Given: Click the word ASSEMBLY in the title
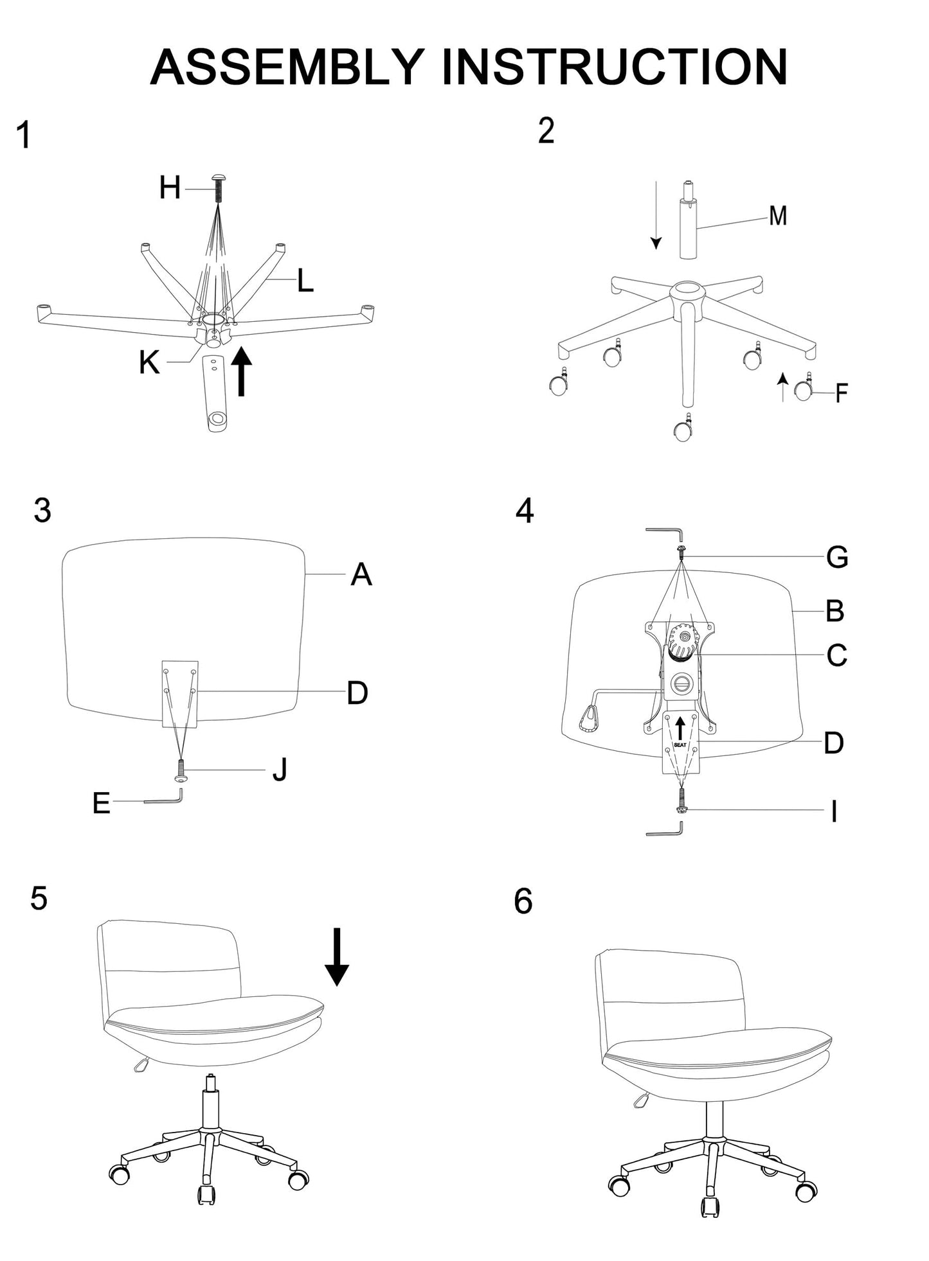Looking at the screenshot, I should pyautogui.click(x=286, y=67).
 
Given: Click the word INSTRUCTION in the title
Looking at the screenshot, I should pyautogui.click(x=614, y=67).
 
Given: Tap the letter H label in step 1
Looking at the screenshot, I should pyautogui.click(x=170, y=188).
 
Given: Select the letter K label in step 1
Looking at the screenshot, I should pyautogui.click(x=149, y=363).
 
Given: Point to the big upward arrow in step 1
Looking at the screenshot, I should pyautogui.click(x=241, y=371).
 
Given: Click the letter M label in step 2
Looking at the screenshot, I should pyautogui.click(x=778, y=216).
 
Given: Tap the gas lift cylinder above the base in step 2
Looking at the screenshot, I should pyautogui.click(x=688, y=228).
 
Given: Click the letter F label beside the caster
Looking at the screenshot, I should pyautogui.click(x=841, y=393).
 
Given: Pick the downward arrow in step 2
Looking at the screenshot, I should pyautogui.click(x=655, y=215).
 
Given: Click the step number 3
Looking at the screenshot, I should pyautogui.click(x=42, y=511).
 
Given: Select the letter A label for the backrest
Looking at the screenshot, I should pyautogui.click(x=361, y=574).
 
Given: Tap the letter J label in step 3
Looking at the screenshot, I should pyautogui.click(x=280, y=770).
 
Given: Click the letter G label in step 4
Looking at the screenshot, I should pyautogui.click(x=837, y=557).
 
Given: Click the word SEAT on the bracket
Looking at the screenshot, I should pyautogui.click(x=680, y=745).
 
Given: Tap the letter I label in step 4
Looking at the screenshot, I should pyautogui.click(x=834, y=812).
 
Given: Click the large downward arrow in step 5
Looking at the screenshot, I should pyautogui.click(x=336, y=957).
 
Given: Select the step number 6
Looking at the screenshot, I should pyautogui.click(x=523, y=902).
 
